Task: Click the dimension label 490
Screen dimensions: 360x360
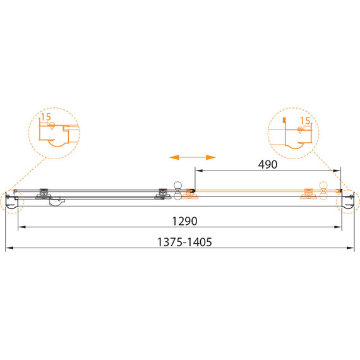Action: pyautogui.click(x=268, y=164)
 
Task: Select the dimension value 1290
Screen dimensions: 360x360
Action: pyautogui.click(x=184, y=221)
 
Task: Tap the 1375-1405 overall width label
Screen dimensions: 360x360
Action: pyautogui.click(x=184, y=242)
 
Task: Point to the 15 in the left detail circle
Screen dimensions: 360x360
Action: pyautogui.click(x=45, y=117)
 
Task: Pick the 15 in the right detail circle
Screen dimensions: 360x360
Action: pyautogui.click(x=305, y=121)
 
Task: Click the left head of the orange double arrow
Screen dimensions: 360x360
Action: pyautogui.click(x=174, y=157)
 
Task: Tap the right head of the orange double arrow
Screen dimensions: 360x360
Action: pyautogui.click(x=211, y=157)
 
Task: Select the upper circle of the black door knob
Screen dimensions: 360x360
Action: pyautogui.click(x=177, y=185)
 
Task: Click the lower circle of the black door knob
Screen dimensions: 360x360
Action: pyautogui.click(x=177, y=196)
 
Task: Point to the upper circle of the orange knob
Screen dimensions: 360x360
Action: pyautogui.click(x=323, y=185)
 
